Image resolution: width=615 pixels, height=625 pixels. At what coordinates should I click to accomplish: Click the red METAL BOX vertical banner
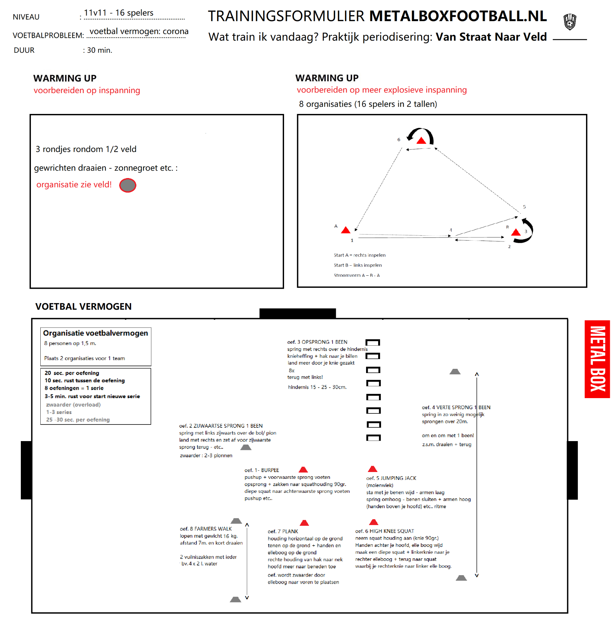pyautogui.click(x=597, y=359)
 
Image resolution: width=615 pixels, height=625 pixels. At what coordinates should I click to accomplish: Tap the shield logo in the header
pyautogui.click(x=569, y=22)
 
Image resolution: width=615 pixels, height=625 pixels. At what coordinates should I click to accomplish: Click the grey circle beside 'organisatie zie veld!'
pyautogui.click(x=128, y=185)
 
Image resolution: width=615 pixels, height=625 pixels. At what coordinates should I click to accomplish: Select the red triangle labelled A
pyautogui.click(x=346, y=230)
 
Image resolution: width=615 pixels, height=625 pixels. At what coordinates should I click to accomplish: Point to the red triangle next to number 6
pyautogui.click(x=421, y=141)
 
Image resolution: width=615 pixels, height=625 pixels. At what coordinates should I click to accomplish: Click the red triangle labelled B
pyautogui.click(x=516, y=232)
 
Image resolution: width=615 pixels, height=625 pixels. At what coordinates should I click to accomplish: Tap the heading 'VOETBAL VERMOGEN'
pyautogui.click(x=83, y=306)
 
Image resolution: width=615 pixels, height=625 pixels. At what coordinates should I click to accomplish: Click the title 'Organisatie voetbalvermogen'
pyautogui.click(x=95, y=333)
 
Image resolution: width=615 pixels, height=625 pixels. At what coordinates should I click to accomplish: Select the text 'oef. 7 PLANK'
pyautogui.click(x=283, y=531)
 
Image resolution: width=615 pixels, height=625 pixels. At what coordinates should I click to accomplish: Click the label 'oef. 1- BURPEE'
pyautogui.click(x=262, y=470)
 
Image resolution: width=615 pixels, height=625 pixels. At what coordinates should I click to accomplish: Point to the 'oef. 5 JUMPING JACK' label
pyautogui.click(x=391, y=478)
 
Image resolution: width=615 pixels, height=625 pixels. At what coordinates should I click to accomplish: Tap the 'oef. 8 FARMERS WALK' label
pyautogui.click(x=206, y=529)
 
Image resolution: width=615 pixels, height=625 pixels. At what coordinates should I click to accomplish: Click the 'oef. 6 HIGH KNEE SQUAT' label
pyautogui.click(x=384, y=531)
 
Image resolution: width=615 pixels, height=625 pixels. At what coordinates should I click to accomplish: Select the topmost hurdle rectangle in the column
pyautogui.click(x=373, y=342)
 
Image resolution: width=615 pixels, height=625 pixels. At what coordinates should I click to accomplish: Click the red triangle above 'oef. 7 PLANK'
pyautogui.click(x=304, y=523)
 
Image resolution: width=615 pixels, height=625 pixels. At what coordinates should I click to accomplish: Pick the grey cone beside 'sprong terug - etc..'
pyautogui.click(x=246, y=447)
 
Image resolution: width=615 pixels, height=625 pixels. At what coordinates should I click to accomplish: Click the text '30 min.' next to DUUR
pyautogui.click(x=99, y=50)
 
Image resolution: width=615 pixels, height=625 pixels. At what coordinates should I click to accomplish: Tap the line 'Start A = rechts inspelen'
pyautogui.click(x=359, y=255)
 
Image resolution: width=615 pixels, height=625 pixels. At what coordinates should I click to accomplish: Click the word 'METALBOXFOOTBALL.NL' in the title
pyautogui.click(x=458, y=16)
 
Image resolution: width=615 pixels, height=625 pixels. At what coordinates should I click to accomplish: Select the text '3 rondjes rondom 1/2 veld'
pyautogui.click(x=86, y=149)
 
